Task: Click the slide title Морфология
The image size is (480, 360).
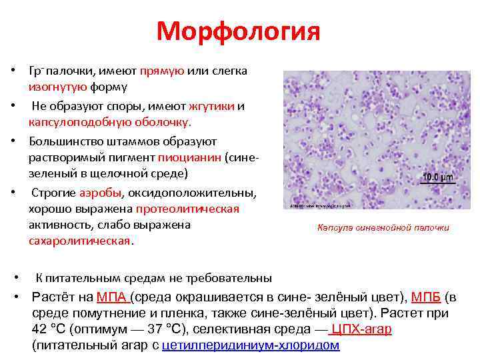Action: tap(239, 32)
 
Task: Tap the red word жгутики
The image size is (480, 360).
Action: tap(211, 106)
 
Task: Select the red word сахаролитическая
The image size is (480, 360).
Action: tap(80, 241)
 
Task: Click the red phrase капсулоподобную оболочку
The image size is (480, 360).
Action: tap(109, 123)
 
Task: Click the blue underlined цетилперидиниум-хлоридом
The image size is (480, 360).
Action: tap(251, 345)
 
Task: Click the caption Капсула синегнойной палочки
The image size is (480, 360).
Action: tap(383, 228)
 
